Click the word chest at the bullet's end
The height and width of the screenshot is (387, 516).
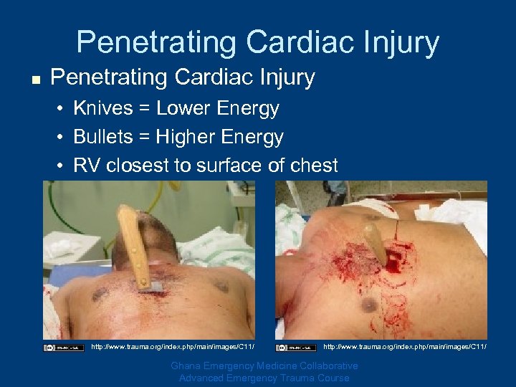tap(312, 166)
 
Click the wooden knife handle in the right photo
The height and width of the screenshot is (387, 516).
tap(375, 244)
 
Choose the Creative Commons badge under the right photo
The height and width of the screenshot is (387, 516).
tap(296, 348)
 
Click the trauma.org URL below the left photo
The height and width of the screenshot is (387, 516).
tap(173, 348)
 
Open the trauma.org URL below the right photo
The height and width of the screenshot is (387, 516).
tap(405, 348)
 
